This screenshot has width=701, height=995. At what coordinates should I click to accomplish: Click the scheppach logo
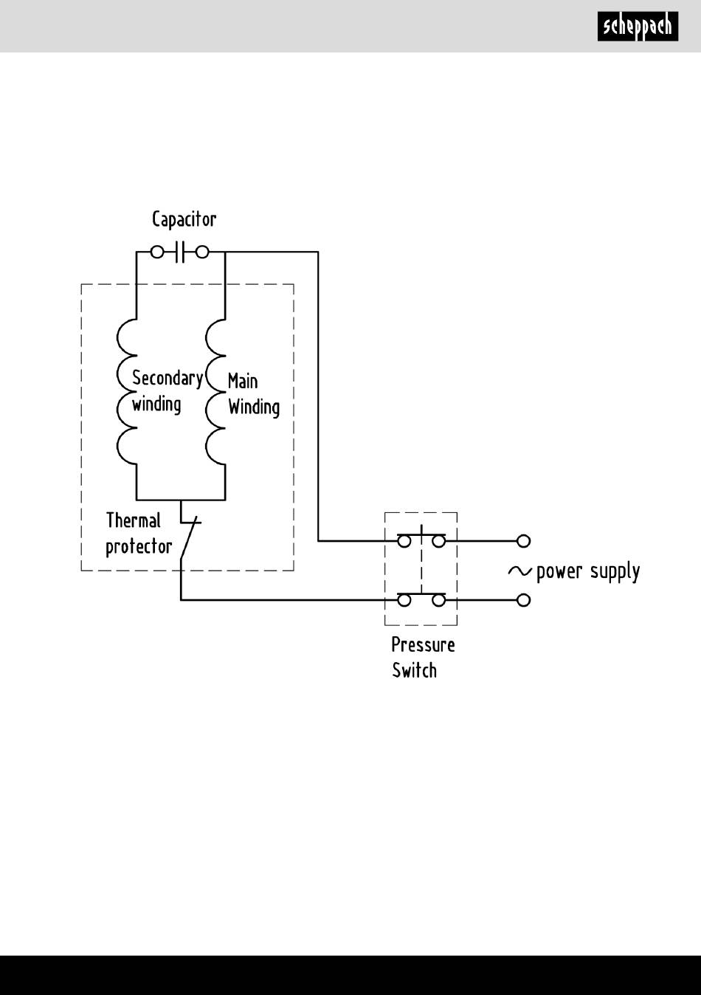coord(638,27)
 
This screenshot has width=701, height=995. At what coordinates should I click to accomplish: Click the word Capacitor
coord(184,219)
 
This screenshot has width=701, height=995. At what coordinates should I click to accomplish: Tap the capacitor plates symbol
coord(180,252)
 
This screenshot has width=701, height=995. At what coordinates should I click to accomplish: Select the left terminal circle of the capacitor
coord(157,252)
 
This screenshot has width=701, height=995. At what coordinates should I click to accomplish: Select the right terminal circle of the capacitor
coord(202,252)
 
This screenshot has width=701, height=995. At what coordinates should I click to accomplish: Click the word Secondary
coord(168,379)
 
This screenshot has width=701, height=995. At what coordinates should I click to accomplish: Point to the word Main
coord(242,381)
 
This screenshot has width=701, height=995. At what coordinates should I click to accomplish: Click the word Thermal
coord(133,520)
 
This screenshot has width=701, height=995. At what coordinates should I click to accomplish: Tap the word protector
coord(139,547)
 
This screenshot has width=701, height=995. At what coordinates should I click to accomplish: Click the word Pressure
coord(423,645)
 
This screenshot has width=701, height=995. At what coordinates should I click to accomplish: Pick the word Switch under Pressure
coord(414,670)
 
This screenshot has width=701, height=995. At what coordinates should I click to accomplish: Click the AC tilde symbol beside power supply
coord(520,571)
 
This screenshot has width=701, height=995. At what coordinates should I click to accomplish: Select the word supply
coord(615,572)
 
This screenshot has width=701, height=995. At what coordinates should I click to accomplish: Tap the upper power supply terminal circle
coord(524,541)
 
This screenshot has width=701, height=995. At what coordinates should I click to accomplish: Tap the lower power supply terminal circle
coord(524,600)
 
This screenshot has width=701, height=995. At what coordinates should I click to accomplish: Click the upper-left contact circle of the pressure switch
coord(404,541)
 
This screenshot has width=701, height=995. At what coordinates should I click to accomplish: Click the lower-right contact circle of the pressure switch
coord(438,600)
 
